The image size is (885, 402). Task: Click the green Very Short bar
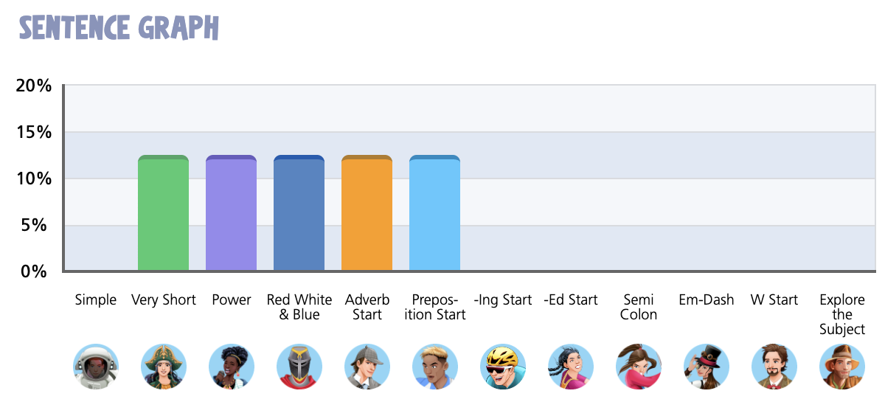tap(163, 214)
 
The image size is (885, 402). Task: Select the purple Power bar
tap(231, 214)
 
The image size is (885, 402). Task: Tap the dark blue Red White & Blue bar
tap(299, 214)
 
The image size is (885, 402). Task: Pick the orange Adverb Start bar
tap(367, 214)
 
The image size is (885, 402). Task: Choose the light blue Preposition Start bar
tap(434, 214)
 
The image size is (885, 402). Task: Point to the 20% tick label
tap(34, 86)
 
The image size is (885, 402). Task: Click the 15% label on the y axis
tap(34, 133)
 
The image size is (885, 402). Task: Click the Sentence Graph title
tap(119, 28)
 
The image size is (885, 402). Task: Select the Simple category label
tap(96, 300)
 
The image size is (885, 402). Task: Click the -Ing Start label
tap(503, 300)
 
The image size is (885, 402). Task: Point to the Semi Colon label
tap(639, 308)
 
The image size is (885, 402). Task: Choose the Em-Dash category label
tap(707, 300)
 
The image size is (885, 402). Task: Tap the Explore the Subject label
tap(842, 315)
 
